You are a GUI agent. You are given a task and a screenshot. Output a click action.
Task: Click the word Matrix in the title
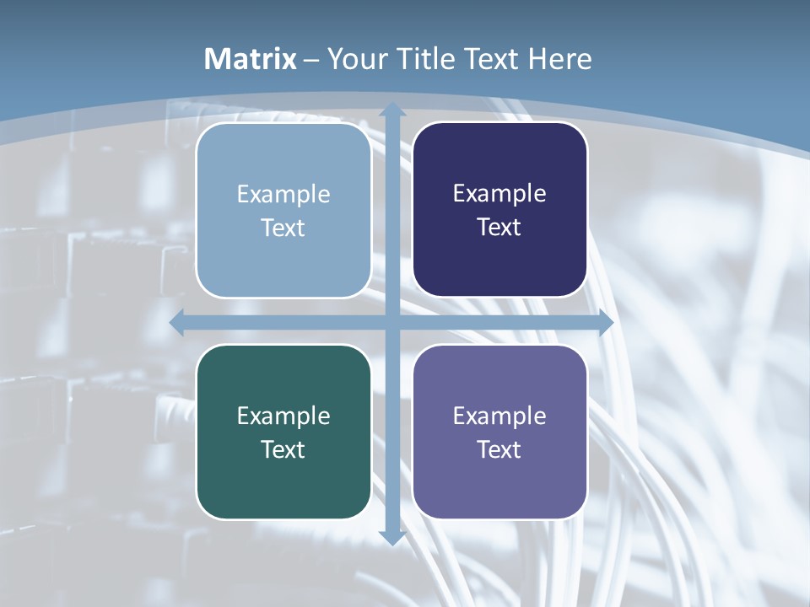(x=251, y=59)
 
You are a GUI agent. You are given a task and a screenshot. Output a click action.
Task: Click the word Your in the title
(x=354, y=59)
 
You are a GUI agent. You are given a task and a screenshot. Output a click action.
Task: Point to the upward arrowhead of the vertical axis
(x=391, y=109)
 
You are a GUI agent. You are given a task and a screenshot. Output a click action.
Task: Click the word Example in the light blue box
(x=283, y=195)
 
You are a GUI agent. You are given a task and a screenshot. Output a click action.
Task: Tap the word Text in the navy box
(x=499, y=228)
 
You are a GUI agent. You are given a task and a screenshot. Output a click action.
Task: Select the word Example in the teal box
(x=283, y=416)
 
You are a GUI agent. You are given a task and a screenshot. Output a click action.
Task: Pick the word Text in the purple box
(x=499, y=449)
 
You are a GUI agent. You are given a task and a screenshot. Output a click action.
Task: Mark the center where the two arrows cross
(x=391, y=323)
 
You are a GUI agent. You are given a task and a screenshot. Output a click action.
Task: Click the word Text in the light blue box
(x=283, y=228)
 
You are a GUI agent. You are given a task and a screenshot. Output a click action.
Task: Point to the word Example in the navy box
(x=499, y=194)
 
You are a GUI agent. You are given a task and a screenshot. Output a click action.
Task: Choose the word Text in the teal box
(x=283, y=449)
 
